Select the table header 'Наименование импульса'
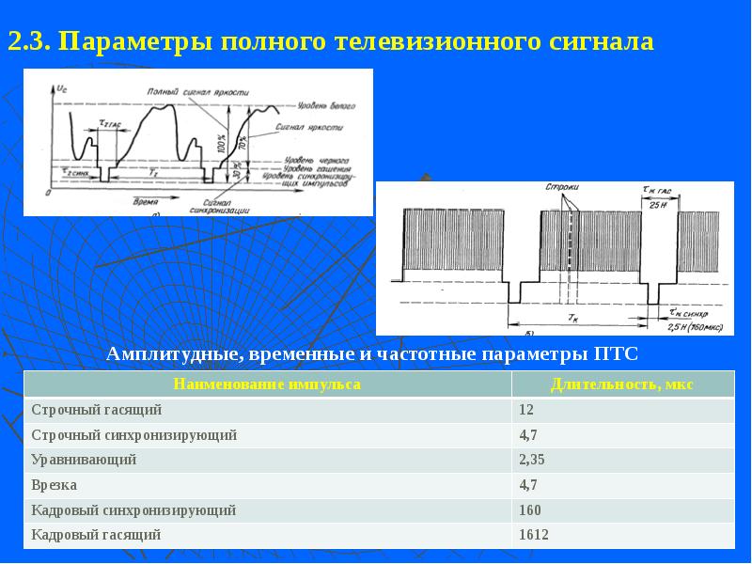(267, 384)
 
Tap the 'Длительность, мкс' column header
(621, 384)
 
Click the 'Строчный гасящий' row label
(97, 410)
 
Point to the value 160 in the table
(528, 509)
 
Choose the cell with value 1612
(532, 535)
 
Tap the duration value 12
(525, 410)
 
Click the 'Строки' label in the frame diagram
(561, 188)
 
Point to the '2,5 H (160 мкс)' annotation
(695, 324)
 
